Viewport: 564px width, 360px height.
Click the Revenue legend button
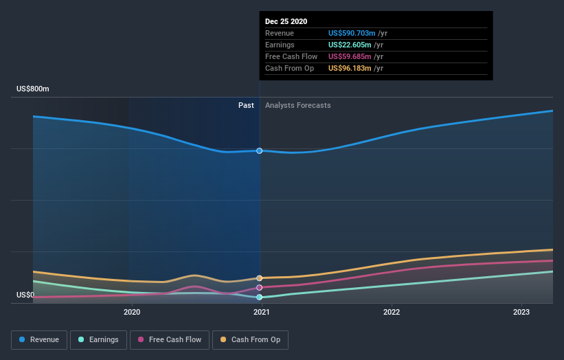(40, 339)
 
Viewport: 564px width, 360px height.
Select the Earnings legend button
(98, 339)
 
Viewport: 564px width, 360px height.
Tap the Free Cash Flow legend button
(169, 339)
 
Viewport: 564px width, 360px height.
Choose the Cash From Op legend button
(251, 339)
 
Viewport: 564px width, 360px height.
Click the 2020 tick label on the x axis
(132, 312)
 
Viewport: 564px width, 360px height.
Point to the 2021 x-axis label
(261, 312)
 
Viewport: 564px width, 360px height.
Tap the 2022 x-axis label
(392, 312)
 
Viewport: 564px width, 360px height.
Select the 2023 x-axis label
(521, 312)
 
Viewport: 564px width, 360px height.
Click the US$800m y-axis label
(33, 89)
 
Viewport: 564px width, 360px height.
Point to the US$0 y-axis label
(25, 295)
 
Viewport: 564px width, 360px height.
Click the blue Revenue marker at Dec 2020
(260, 150)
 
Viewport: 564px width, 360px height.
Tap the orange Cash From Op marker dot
(260, 278)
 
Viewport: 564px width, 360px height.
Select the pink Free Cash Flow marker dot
(260, 287)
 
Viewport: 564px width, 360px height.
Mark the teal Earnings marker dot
(260, 297)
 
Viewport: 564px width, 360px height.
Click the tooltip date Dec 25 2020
(288, 21)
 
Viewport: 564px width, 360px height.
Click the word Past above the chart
(246, 105)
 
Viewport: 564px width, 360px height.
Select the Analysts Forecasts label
(297, 105)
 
